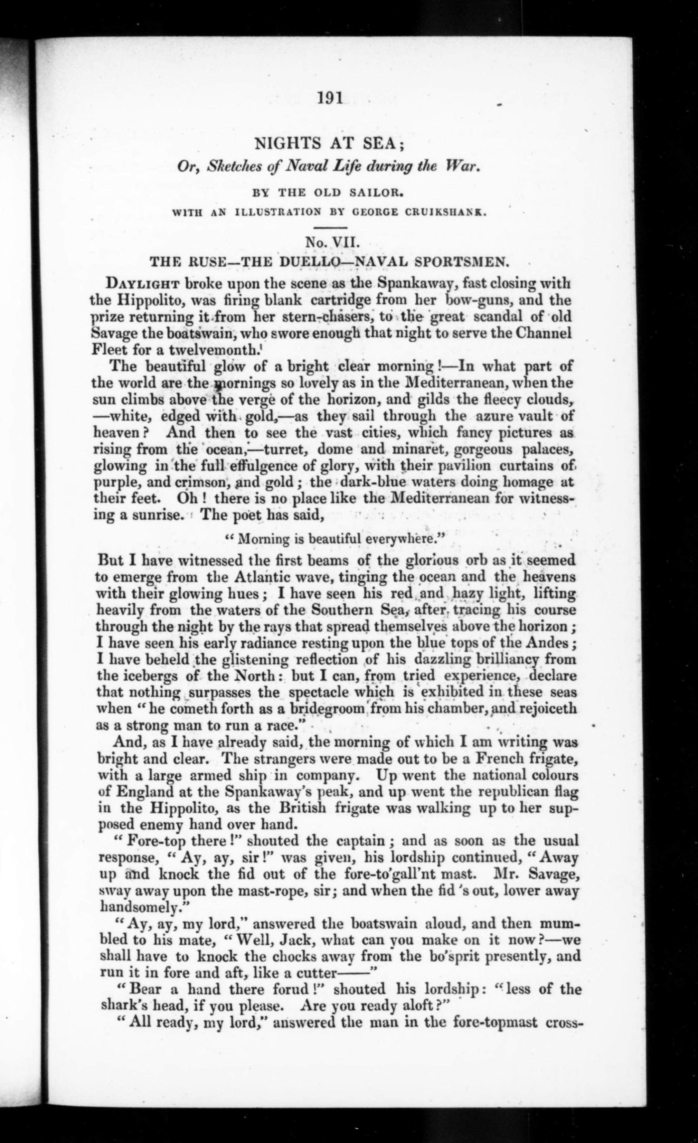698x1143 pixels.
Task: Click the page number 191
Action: [330, 99]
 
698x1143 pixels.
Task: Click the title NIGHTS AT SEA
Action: [331, 144]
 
